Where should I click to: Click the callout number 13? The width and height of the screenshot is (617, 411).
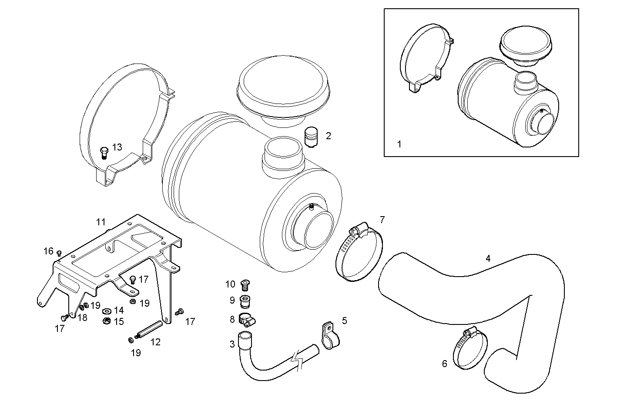(x=117, y=147)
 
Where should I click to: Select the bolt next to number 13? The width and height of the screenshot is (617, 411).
(x=104, y=153)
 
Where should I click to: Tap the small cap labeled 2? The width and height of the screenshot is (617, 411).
(x=311, y=137)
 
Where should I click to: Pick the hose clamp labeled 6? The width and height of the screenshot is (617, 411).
(x=469, y=348)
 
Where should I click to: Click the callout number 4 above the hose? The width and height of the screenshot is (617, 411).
(x=488, y=258)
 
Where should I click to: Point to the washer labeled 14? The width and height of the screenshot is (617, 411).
(x=106, y=311)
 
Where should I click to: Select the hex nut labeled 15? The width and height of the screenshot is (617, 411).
(x=105, y=321)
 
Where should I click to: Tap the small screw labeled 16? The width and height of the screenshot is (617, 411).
(x=60, y=253)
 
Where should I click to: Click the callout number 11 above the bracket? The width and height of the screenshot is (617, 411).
(x=101, y=222)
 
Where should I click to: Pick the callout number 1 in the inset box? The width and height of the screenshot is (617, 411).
(x=399, y=144)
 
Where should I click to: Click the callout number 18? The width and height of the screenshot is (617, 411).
(x=82, y=317)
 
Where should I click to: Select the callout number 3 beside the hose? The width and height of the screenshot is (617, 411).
(x=232, y=344)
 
